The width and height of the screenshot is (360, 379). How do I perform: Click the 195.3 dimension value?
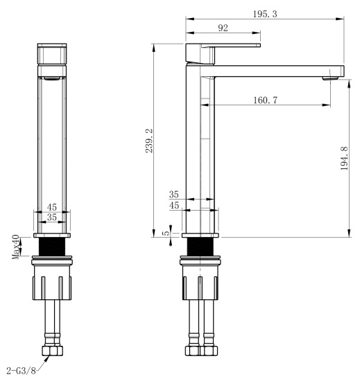(x=265, y=14)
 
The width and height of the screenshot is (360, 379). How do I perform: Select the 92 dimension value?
(x=223, y=28)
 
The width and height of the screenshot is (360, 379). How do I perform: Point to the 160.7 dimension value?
(x=265, y=100)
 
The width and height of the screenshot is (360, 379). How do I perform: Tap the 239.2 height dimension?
(x=149, y=141)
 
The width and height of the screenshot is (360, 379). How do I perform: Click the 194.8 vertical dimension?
(x=344, y=158)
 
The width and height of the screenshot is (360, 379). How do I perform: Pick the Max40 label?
(x=16, y=247)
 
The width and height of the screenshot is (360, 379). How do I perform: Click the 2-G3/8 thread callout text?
(x=21, y=370)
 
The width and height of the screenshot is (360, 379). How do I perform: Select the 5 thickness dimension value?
(x=166, y=233)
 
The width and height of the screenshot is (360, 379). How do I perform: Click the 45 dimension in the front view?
(x=52, y=207)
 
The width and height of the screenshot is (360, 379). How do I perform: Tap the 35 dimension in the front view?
(x=52, y=218)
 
